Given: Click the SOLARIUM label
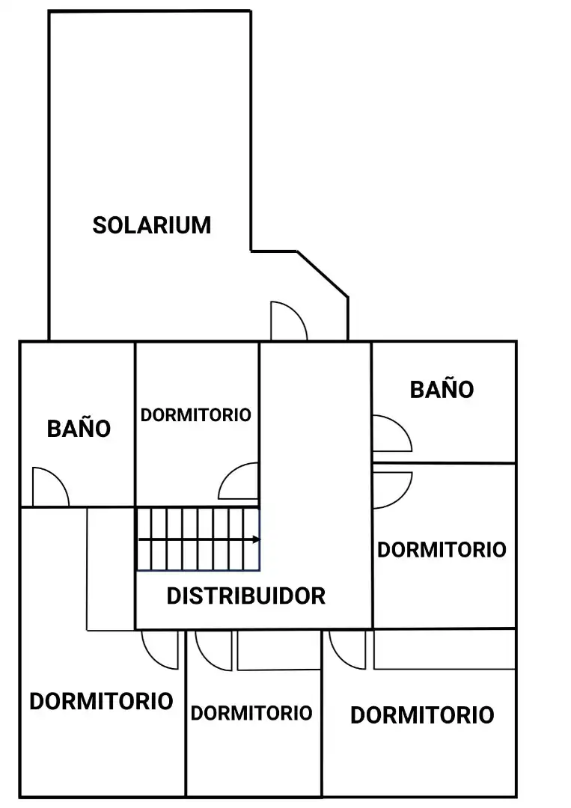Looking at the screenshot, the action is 151,225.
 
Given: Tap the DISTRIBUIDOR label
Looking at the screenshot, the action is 245,596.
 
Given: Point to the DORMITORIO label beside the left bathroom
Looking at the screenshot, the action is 195,414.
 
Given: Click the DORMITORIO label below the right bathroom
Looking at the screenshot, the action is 442,550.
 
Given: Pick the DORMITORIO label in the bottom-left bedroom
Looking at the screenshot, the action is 101,701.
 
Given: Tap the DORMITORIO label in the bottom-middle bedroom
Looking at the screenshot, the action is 251,713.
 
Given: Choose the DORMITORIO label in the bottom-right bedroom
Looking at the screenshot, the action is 422,715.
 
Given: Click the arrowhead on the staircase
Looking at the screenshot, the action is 257,539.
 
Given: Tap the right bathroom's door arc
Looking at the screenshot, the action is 402,425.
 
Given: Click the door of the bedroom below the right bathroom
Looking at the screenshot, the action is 403,498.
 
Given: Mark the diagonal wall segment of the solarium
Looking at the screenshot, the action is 323,274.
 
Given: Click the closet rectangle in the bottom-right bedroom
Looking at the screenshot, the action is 445,650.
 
